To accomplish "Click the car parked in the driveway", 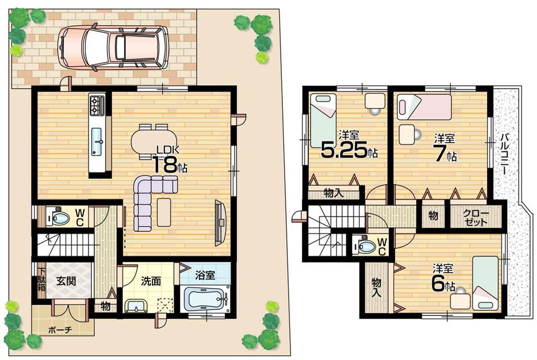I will click(x=113, y=48).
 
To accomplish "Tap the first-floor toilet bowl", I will click(x=60, y=217).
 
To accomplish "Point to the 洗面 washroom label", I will click(x=149, y=280).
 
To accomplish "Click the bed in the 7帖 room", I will click(x=424, y=107).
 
